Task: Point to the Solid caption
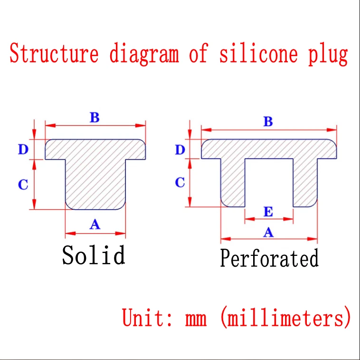(94, 255)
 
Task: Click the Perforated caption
(269, 259)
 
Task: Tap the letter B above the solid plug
(95, 117)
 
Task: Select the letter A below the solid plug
(95, 224)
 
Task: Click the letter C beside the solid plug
(23, 184)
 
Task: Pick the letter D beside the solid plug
(23, 150)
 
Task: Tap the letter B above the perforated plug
(268, 121)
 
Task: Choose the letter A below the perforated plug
(268, 232)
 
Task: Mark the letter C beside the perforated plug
(180, 182)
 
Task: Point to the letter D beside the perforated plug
(180, 150)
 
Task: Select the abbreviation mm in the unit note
(196, 318)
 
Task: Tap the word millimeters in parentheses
(285, 317)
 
